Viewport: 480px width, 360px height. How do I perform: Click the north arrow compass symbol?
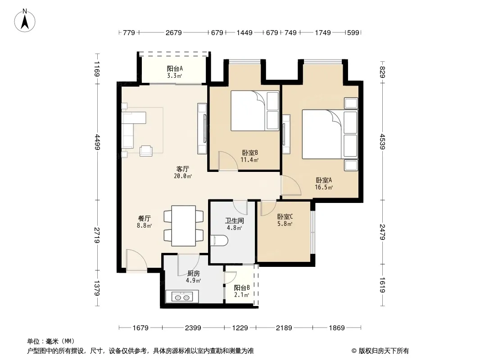pos(25,21)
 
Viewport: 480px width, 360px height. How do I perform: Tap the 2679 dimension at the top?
pos(173,32)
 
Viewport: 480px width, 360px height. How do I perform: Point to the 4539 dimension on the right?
pos(382,141)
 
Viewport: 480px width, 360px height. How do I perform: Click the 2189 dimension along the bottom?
pos(284,328)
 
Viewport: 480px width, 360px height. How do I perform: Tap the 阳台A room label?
pos(175,68)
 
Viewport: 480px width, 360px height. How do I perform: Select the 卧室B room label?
pos(250,153)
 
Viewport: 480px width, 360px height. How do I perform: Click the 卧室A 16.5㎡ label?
pos(324,184)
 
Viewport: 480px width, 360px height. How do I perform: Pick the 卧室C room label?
pos(285,216)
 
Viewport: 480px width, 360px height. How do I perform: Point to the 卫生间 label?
pos(235,220)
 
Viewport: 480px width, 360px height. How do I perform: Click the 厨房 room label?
pos(194,274)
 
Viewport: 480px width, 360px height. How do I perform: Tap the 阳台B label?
pos(242,288)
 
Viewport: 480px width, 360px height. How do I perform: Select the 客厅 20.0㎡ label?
pos(183,172)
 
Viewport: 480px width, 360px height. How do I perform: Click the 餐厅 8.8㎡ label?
pos(144,222)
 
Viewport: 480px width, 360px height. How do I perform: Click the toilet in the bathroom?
pos(219,240)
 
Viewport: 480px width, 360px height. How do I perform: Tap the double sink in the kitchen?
pos(182,297)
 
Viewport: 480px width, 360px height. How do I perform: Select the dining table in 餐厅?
pos(184,226)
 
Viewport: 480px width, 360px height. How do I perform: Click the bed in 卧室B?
pos(255,111)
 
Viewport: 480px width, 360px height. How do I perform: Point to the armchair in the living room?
pos(146,151)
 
